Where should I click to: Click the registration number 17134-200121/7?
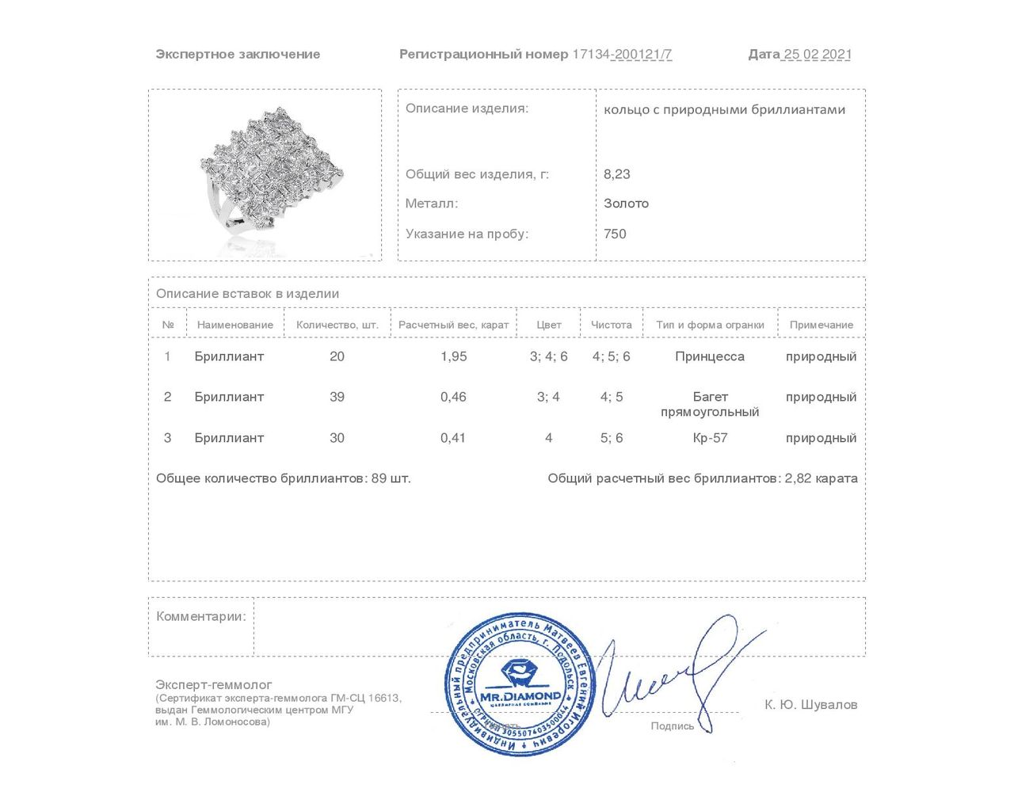coord(622,55)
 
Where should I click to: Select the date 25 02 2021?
coord(817,55)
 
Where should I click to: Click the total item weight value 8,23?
coord(617,174)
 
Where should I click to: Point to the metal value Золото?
coord(626,204)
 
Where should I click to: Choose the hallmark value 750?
coord(615,234)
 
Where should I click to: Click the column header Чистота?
coord(612,325)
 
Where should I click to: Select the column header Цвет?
coord(548,325)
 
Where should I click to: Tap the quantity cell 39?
coord(337,397)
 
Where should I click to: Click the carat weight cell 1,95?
coord(454,356)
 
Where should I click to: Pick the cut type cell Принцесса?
coord(710,356)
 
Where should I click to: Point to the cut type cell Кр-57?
coord(710,438)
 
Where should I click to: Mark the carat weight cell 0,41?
coord(453,438)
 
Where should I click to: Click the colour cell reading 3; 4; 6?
coord(548,356)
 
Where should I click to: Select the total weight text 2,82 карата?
coord(821,478)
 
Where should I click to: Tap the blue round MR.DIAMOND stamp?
coord(519,683)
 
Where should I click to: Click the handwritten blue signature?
coord(681,673)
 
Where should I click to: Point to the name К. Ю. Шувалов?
coord(810,705)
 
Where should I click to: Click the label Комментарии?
coord(201,616)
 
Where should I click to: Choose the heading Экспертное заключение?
coord(238,55)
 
